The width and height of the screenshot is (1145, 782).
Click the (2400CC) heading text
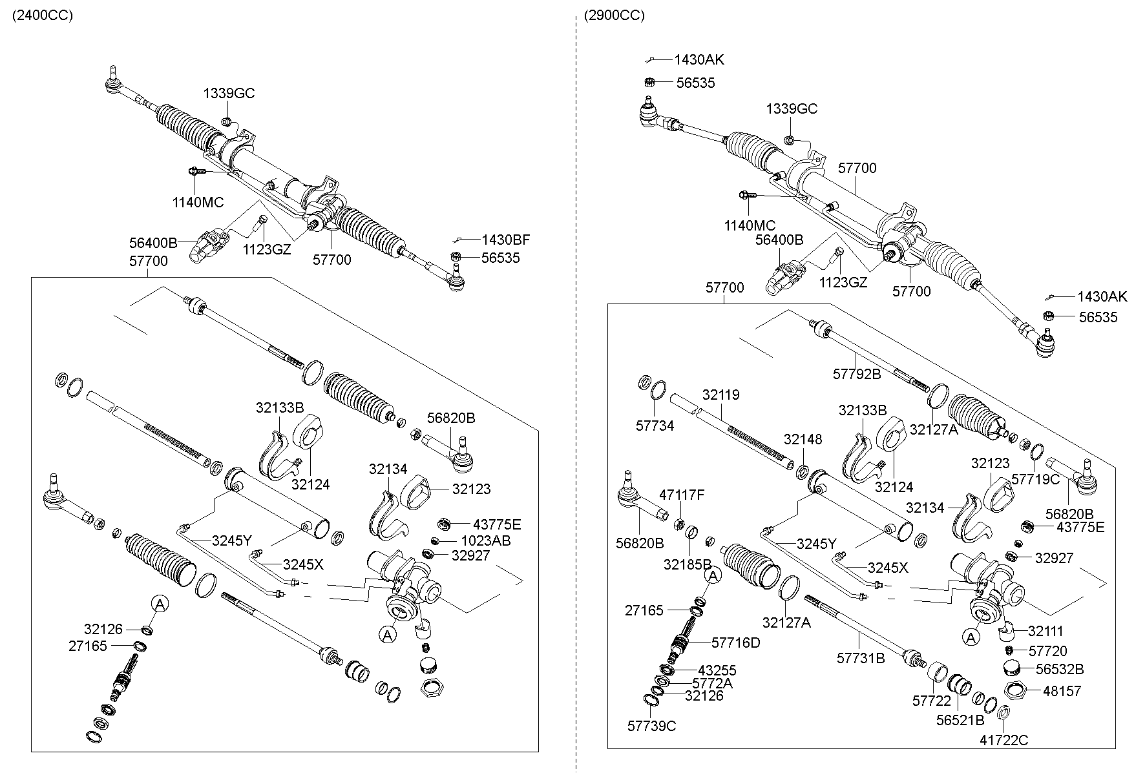(43, 15)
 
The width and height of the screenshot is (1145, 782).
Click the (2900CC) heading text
(614, 15)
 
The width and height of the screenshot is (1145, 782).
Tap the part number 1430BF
(505, 240)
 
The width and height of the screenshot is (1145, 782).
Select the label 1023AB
(486, 540)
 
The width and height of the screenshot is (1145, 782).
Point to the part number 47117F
(682, 495)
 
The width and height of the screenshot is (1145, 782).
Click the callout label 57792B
(857, 374)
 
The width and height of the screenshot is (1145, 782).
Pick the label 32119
(721, 395)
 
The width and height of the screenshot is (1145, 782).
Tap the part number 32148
(803, 440)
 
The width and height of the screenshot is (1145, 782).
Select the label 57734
(655, 426)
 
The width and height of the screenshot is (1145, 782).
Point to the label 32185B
(688, 564)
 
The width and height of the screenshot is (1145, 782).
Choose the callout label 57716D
(736, 643)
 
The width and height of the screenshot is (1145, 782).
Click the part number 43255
(717, 671)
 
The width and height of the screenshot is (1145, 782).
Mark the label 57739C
(651, 726)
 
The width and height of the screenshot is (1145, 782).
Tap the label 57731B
(861, 658)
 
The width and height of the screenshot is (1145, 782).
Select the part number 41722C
(1003, 740)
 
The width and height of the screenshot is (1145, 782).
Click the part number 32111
(1045, 631)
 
